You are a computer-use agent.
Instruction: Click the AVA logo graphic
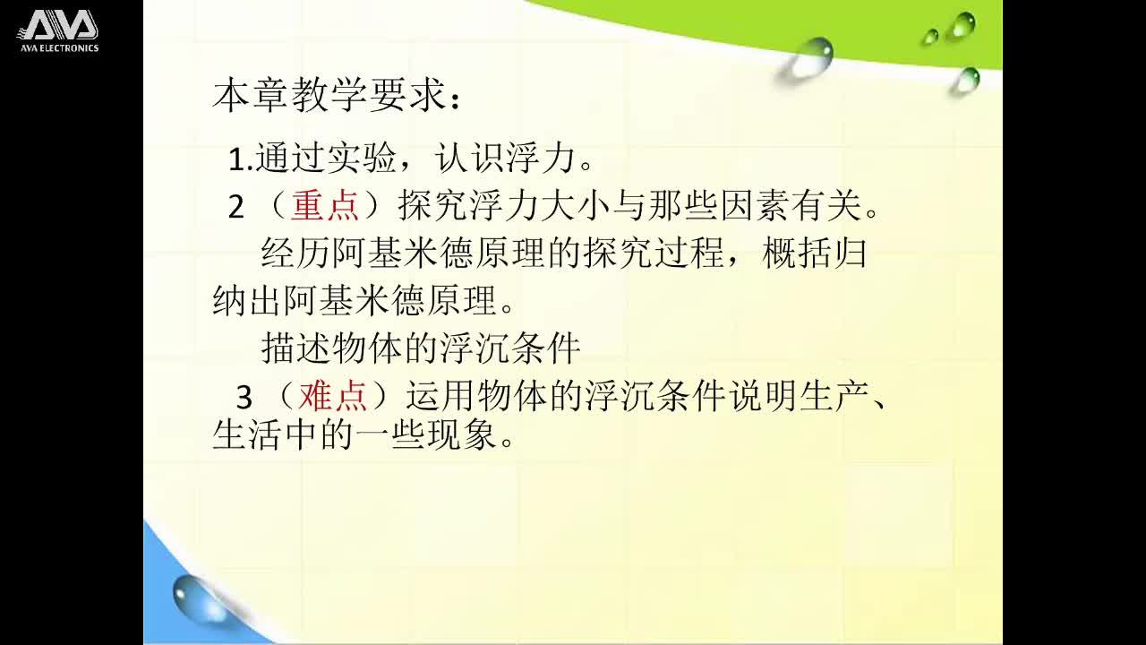click(58, 25)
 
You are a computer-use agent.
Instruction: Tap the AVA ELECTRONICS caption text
click(59, 47)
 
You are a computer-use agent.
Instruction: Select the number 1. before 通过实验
click(240, 160)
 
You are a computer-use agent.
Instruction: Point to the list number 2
click(236, 208)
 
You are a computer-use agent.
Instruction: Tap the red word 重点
click(325, 207)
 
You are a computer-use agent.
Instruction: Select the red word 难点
click(333, 396)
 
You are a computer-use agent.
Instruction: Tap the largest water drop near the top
click(813, 56)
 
